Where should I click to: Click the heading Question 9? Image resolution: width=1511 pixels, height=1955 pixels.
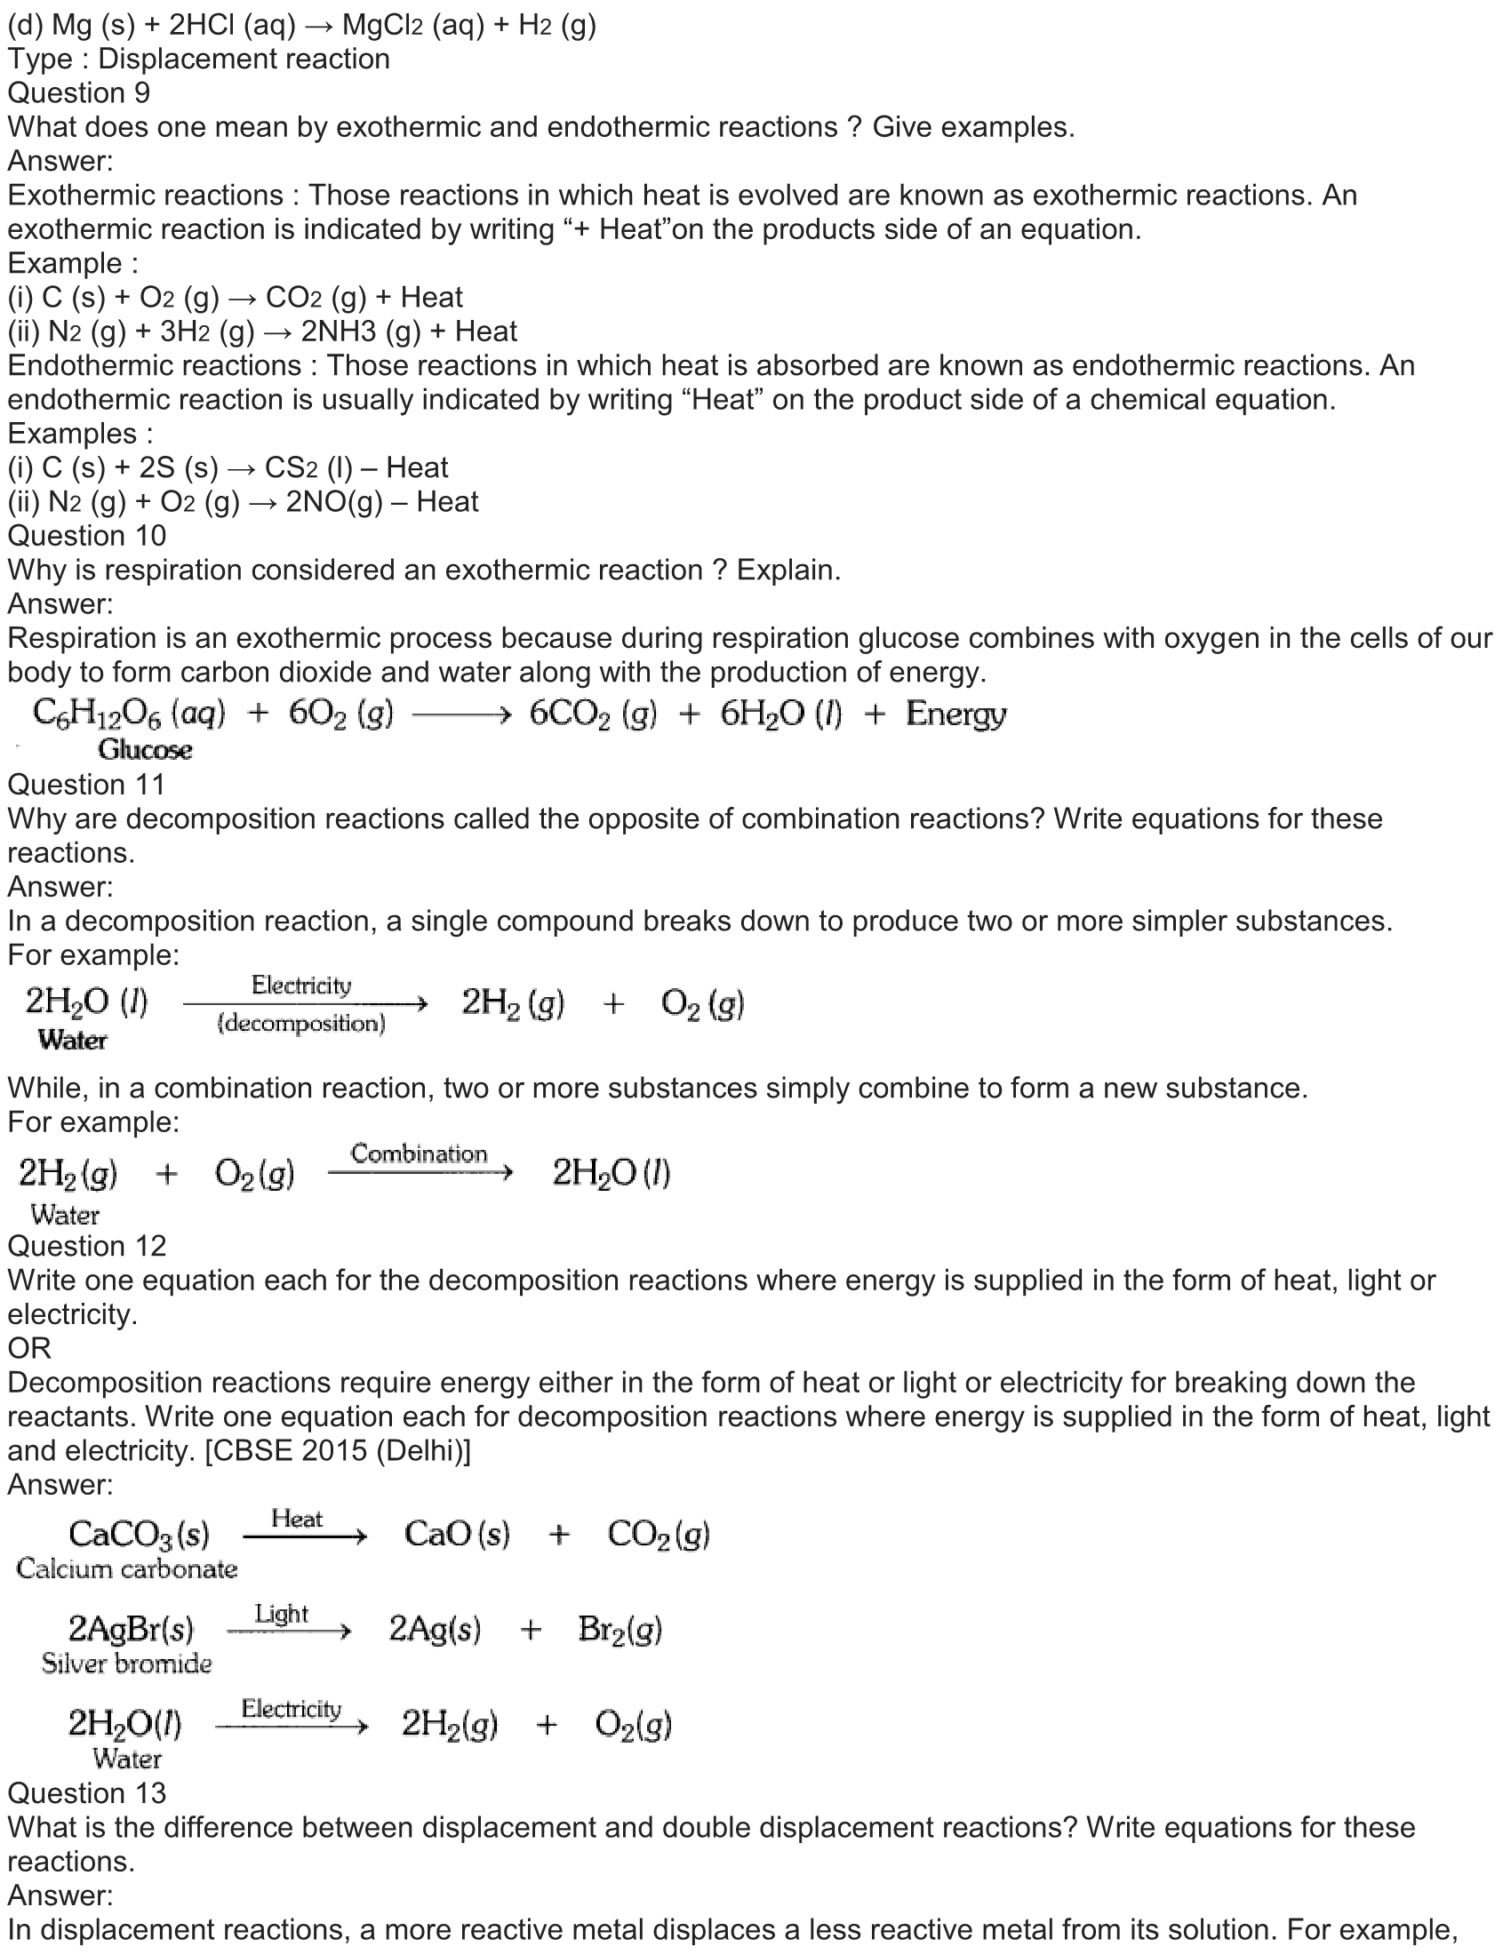point(79,93)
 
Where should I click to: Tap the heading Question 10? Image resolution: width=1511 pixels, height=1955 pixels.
point(87,536)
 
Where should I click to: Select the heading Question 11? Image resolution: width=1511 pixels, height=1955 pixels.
point(87,785)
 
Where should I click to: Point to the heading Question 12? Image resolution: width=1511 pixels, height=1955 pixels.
point(87,1246)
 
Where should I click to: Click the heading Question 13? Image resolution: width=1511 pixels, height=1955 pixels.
point(87,1793)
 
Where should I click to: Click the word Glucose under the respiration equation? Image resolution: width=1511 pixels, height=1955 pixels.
point(145,750)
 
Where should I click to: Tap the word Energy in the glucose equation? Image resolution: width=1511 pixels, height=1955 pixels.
point(955,714)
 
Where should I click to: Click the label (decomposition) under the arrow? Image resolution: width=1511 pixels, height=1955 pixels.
point(300,1023)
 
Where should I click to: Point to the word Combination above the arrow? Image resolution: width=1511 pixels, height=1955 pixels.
point(419,1153)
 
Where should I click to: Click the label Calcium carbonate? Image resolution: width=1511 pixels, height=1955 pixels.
point(126,1568)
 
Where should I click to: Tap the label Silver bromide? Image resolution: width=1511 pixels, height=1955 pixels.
point(126,1664)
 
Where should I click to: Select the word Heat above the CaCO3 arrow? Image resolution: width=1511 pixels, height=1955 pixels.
point(297,1518)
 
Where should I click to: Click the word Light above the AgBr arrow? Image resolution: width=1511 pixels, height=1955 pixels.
point(281,1613)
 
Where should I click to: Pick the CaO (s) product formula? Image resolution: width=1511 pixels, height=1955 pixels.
point(457,1535)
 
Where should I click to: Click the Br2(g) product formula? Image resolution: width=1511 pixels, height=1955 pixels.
point(620,1629)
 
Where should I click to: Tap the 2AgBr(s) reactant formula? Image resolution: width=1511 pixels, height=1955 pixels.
point(131,1629)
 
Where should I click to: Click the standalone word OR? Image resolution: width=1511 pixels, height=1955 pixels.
point(29,1348)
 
